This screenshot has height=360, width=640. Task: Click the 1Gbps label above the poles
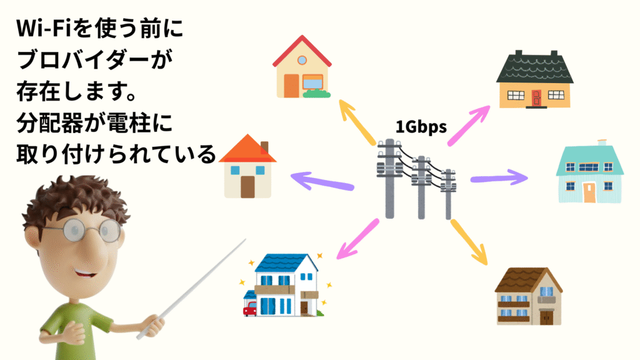click(x=421, y=127)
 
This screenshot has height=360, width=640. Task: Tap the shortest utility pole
click(x=448, y=194)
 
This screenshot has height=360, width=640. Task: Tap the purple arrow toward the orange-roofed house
click(x=322, y=181)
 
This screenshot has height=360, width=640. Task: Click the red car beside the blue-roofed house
click(x=250, y=308)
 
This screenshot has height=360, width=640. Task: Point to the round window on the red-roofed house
click(x=302, y=61)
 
